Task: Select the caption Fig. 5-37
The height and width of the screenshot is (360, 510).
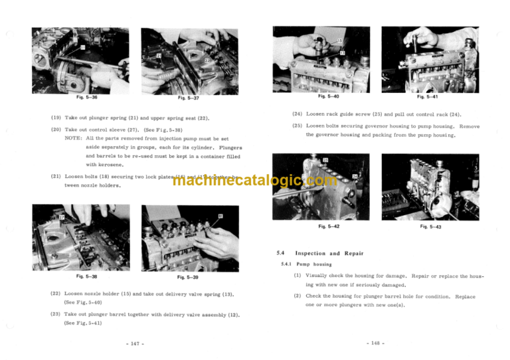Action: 179,98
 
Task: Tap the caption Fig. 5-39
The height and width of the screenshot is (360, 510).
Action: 187,276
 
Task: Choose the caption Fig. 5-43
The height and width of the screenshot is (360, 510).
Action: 432,226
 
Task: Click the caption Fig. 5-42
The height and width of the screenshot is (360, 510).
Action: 329,226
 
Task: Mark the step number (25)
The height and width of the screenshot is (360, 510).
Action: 297,126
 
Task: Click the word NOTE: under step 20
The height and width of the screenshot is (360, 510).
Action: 74,137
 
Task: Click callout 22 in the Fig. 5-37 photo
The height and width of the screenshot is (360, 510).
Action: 207,60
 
